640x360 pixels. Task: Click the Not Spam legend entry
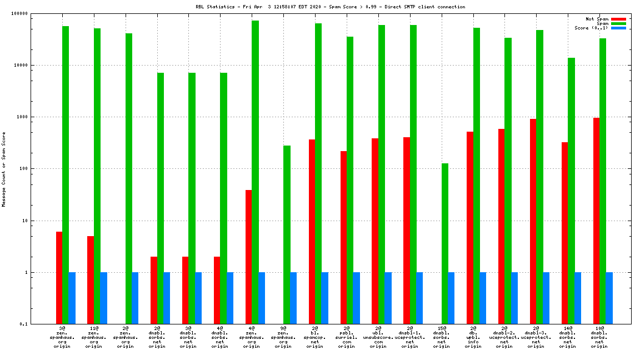pyautogui.click(x=597, y=19)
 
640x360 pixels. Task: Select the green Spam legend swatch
pyautogui.click(x=618, y=23)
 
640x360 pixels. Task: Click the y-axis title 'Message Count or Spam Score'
pyautogui.click(x=4, y=169)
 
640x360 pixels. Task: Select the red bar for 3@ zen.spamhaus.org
pyautogui.click(x=59, y=278)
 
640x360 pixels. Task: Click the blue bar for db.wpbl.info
pyautogui.click(x=483, y=298)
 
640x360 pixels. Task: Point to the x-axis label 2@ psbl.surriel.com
pyautogui.click(x=347, y=337)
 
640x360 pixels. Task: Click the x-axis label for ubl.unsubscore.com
pyautogui.click(x=378, y=337)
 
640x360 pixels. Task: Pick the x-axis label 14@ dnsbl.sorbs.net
pyautogui.click(x=567, y=337)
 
